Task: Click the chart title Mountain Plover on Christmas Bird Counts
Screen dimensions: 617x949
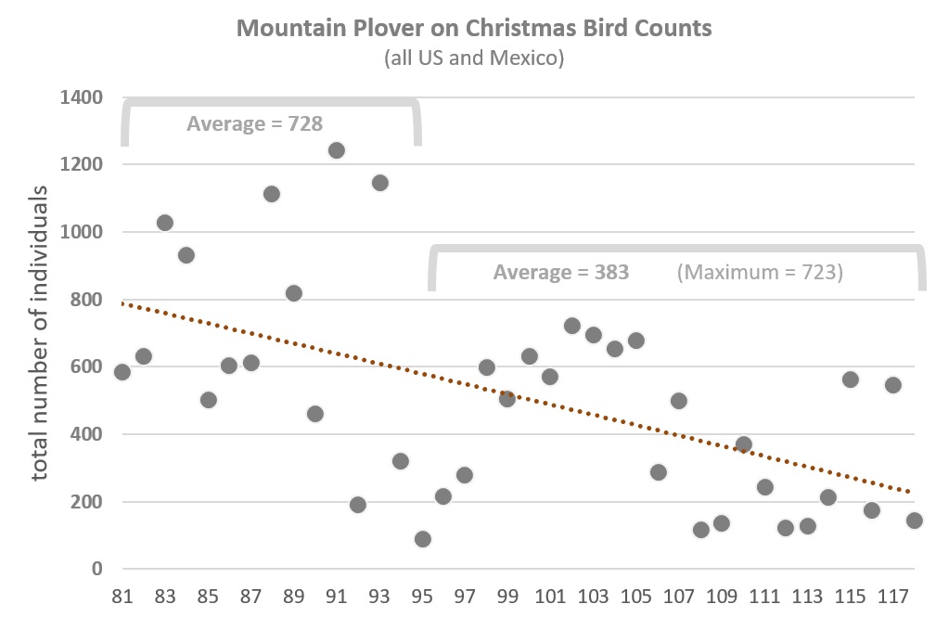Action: tap(474, 28)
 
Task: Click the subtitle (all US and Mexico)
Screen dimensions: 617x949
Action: tap(474, 58)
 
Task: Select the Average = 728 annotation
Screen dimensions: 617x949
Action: tap(254, 123)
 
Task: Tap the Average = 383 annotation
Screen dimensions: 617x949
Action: tap(560, 273)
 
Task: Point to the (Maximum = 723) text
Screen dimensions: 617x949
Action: tap(760, 273)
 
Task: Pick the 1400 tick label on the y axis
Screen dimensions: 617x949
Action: tap(81, 97)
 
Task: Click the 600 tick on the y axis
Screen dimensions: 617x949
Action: tap(86, 367)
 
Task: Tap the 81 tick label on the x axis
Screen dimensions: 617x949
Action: tap(122, 596)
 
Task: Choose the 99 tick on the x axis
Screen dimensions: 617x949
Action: tap(507, 596)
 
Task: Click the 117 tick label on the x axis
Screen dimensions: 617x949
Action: tap(893, 596)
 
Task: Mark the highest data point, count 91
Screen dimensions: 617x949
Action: tap(337, 150)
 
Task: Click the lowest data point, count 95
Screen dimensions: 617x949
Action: tap(423, 539)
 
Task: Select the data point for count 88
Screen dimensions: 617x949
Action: tap(272, 194)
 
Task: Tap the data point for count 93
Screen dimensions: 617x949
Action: tap(379, 183)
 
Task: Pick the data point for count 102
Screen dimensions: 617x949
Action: tap(572, 326)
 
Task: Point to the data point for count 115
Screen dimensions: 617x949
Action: tap(851, 379)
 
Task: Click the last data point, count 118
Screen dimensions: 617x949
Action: tap(915, 521)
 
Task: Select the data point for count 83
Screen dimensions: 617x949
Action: tap(165, 223)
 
